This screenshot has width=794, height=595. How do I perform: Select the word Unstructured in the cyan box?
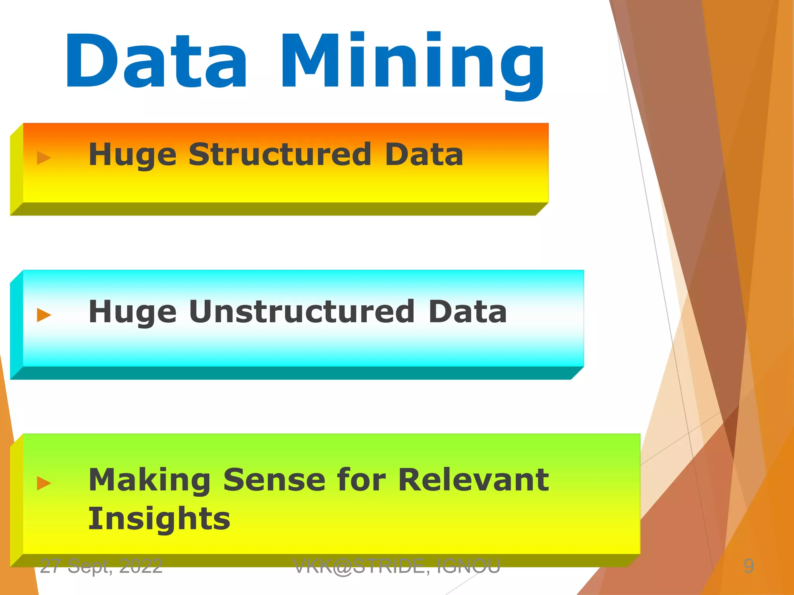(x=302, y=311)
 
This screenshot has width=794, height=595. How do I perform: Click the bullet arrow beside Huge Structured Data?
(x=44, y=158)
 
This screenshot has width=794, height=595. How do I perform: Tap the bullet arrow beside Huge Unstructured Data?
(x=44, y=315)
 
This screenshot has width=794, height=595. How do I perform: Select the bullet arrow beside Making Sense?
(x=44, y=483)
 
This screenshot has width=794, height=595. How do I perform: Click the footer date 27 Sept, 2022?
(x=101, y=566)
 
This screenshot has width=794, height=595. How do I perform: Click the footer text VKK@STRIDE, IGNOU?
(x=397, y=566)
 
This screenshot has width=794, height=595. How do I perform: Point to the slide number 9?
(x=749, y=566)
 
